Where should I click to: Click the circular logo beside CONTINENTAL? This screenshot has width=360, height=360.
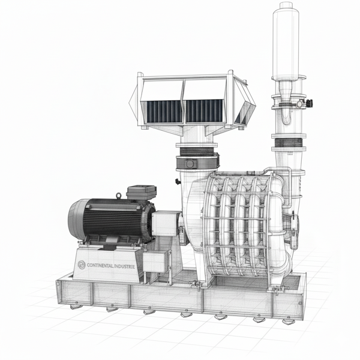pyautogui.click(x=82, y=265)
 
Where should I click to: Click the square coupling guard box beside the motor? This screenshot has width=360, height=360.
pyautogui.click(x=164, y=224)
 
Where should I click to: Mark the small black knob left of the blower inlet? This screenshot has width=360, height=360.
pyautogui.click(x=178, y=181)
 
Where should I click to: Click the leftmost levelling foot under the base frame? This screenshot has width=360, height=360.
pyautogui.click(x=74, y=307)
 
